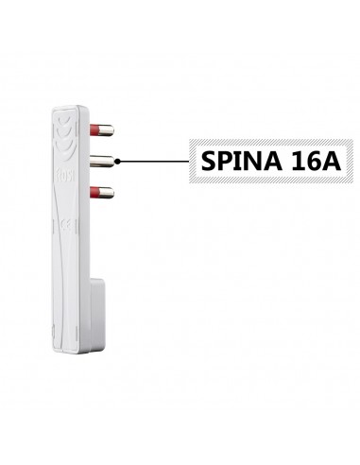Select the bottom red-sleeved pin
[x=101, y=194]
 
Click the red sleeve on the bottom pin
[x=94, y=194]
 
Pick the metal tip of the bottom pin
[x=108, y=194]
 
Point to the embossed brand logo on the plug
[x=61, y=176]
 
